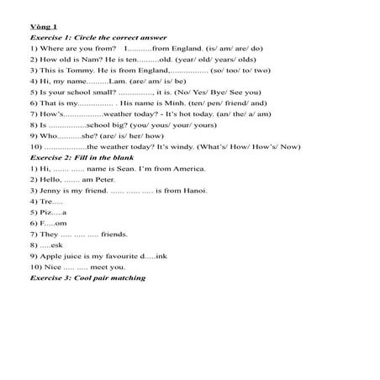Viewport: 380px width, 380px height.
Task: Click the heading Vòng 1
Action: coord(40,26)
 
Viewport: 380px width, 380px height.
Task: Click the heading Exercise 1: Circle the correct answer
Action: coord(98,38)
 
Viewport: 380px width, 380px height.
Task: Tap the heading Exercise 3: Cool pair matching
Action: coord(87,277)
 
